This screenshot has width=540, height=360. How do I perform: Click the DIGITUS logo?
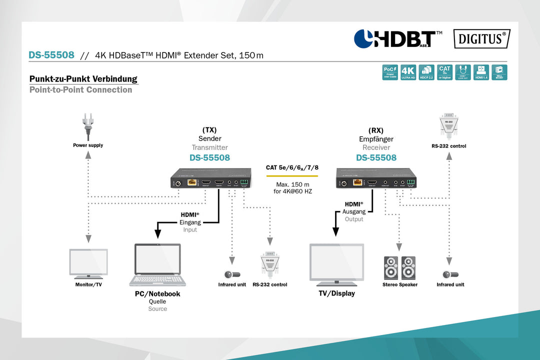pyautogui.click(x=481, y=39)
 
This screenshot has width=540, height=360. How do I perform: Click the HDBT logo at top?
pyautogui.click(x=397, y=39)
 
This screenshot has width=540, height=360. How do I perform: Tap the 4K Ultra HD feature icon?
pyautogui.click(x=408, y=72)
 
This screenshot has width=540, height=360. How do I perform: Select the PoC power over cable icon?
pyautogui.click(x=390, y=72)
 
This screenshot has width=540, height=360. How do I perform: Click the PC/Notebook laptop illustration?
pyautogui.click(x=157, y=265)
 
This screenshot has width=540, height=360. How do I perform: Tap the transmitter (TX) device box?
pyautogui.click(x=210, y=178)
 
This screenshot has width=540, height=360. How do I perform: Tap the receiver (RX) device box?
pyautogui.click(x=376, y=178)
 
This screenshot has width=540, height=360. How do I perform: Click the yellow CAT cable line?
pyautogui.click(x=292, y=176)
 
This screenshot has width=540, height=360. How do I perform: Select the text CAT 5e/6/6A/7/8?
pyautogui.click(x=292, y=168)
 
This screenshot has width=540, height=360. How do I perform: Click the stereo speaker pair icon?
pyautogui.click(x=399, y=268)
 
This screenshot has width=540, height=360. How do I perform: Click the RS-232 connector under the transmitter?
pyautogui.click(x=269, y=265)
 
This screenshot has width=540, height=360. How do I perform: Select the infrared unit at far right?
pyautogui.click(x=450, y=274)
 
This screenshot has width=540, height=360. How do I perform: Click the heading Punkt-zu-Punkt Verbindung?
pyautogui.click(x=83, y=79)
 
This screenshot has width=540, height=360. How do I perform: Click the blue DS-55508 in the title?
pyautogui.click(x=51, y=55)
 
